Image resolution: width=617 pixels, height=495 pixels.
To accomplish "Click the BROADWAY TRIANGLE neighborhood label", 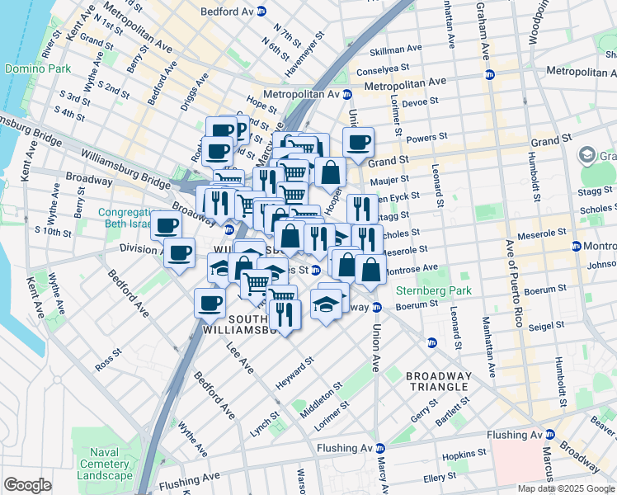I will pyautogui.click(x=439, y=382).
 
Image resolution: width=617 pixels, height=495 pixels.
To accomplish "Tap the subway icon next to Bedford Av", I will pyautogui.click(x=261, y=12).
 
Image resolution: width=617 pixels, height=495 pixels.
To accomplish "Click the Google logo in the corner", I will pyautogui.click(x=27, y=485).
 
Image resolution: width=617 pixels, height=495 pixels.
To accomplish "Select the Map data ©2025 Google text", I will pyautogui.click(x=566, y=488).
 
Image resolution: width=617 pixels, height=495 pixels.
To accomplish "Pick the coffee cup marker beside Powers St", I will pyautogui.click(x=358, y=143).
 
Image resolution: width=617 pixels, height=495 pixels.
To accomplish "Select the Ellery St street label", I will pyautogui.click(x=439, y=477).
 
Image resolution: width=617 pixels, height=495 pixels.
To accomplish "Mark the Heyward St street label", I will pyautogui.click(x=297, y=368).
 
